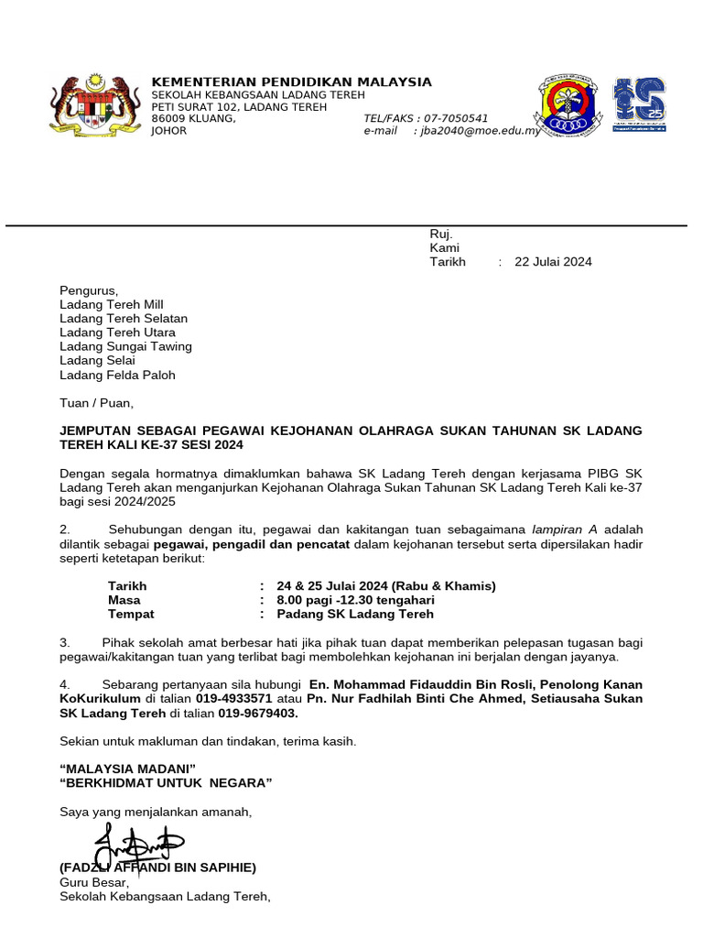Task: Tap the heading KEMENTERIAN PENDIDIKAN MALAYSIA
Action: (291, 82)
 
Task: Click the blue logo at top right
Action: (639, 104)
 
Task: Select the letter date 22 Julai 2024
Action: (553, 262)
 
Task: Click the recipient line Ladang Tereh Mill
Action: (112, 305)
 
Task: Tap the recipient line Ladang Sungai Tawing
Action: (125, 347)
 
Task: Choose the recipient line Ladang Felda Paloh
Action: (117, 376)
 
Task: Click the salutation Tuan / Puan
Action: (96, 403)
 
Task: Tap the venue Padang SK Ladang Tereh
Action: (354, 615)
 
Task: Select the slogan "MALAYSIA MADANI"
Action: (127, 768)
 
